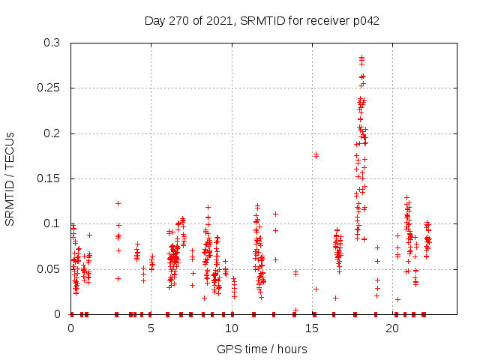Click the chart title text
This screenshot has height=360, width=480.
point(262,20)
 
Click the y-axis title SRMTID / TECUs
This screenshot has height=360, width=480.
point(10,178)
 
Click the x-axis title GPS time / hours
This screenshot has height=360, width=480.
point(262,349)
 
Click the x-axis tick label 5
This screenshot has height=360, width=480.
point(151,328)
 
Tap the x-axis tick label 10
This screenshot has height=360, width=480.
point(232,328)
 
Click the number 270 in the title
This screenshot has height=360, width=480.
point(178,20)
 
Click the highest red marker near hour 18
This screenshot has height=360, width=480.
point(361,57)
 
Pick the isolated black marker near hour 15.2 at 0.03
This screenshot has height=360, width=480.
point(316,289)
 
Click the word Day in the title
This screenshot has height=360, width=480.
point(155,20)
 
